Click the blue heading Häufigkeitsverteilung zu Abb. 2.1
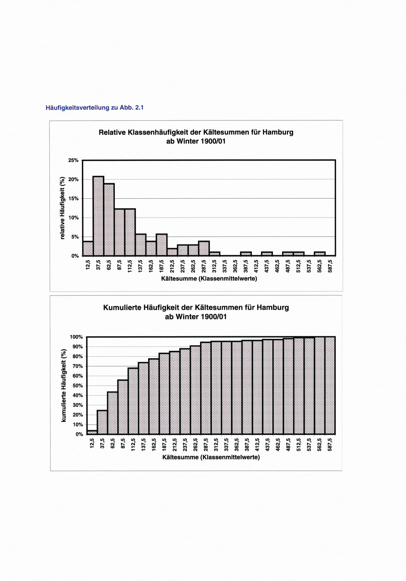coord(94,108)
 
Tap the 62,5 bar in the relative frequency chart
coord(109,220)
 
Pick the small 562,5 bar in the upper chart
coord(320,254)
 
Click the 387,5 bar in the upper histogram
coord(246,254)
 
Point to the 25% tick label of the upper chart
coord(73,160)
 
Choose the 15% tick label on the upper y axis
coord(73,199)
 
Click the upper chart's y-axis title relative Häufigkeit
coord(63,208)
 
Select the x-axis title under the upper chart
coord(209,279)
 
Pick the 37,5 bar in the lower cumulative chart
coord(102,422)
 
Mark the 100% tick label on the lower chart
coord(76,337)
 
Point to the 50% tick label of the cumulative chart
coord(77,386)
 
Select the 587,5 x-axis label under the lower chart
coord(330,445)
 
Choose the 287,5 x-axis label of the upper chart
coord(204,266)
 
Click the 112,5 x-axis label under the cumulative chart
coord(133,445)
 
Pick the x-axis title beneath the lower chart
coord(211,457)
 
